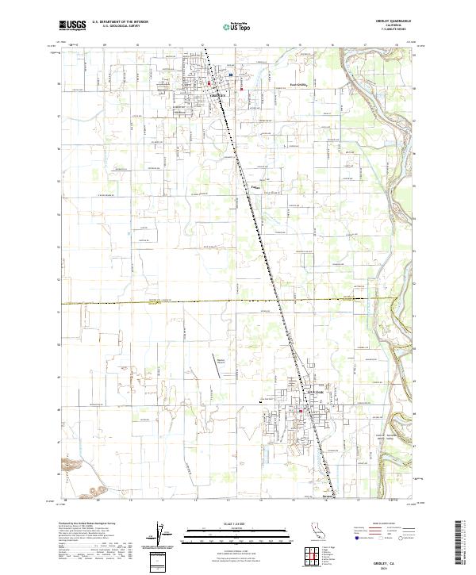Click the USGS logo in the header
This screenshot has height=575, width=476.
[x=71, y=26]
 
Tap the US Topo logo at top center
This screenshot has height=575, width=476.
[x=238, y=25]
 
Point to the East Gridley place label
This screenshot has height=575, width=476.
[x=297, y=86]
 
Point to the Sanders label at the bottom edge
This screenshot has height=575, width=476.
[x=329, y=498]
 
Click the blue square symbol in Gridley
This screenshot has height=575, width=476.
[x=229, y=76]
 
